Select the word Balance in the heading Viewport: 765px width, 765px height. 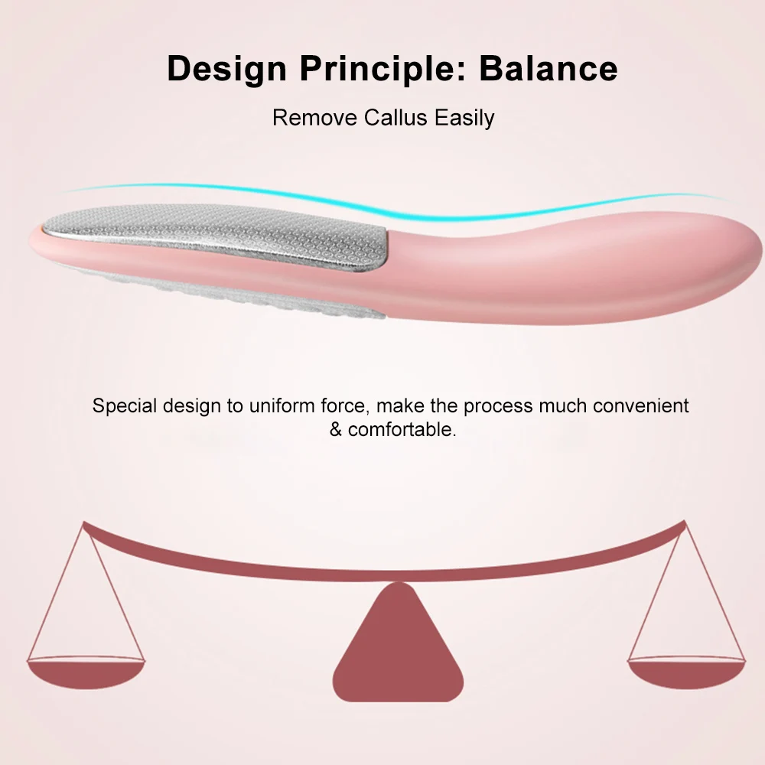(x=549, y=69)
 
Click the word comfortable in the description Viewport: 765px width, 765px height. (x=402, y=429)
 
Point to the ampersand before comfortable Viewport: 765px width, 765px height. (x=337, y=429)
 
